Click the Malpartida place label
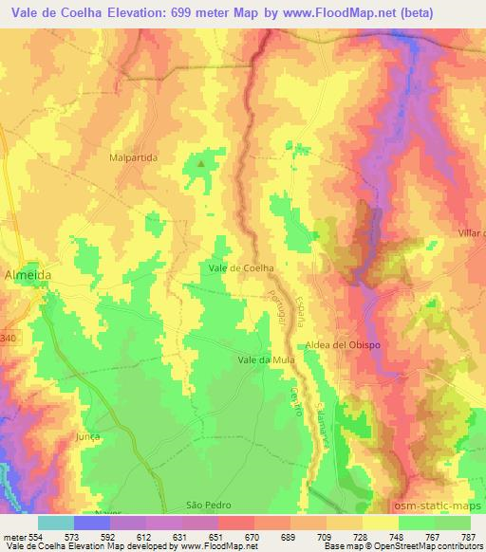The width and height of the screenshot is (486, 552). [x=133, y=157]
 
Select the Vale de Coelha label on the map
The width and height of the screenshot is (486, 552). [x=241, y=268]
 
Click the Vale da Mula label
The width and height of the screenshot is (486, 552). [x=266, y=360]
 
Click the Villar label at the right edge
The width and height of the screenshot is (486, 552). [x=470, y=232]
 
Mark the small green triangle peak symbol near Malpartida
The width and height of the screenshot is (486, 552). [x=200, y=164]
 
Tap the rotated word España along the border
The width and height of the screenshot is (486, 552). [x=304, y=309]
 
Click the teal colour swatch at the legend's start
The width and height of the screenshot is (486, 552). [x=56, y=523]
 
